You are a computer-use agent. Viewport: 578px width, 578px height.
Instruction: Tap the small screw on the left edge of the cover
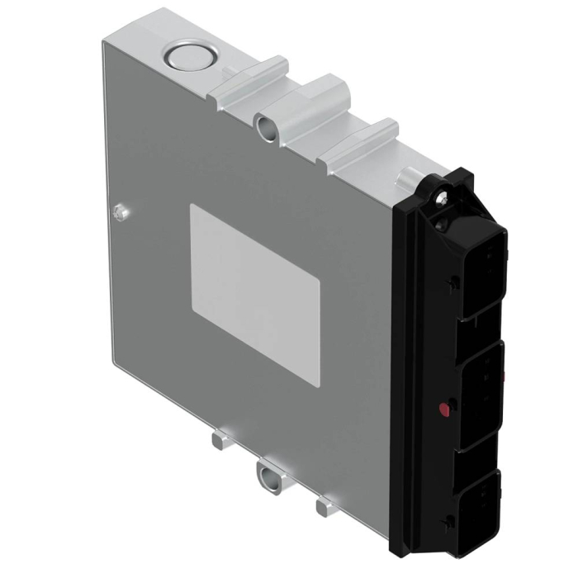coord(121,211)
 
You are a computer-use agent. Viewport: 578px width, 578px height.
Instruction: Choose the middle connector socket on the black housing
coord(484,388)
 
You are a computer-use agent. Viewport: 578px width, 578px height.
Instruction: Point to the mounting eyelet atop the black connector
coord(443,197)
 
